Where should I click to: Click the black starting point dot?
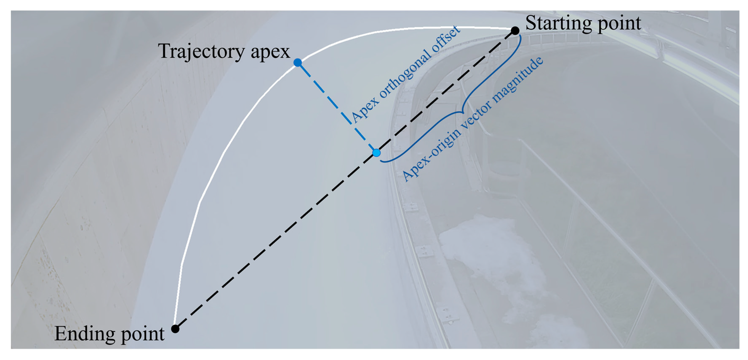515,31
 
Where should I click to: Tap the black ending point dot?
175,329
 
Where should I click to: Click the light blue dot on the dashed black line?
377,153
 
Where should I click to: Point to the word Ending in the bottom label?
84,334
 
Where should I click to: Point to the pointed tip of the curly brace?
462,112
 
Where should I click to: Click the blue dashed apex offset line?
337,107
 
